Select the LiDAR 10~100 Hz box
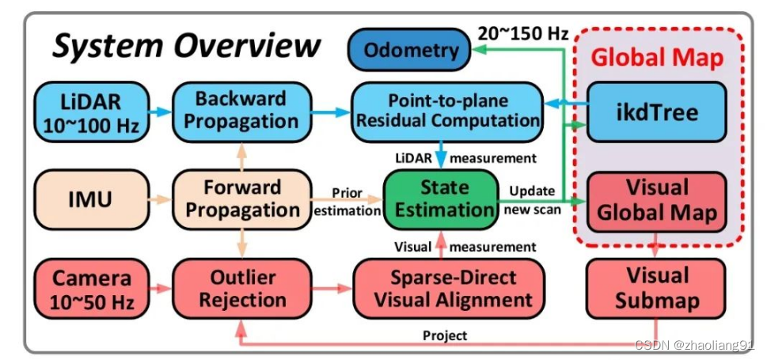point(92,112)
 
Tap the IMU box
point(92,199)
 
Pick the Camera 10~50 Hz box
point(92,289)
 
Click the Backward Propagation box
point(240,111)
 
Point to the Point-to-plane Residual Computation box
point(447,111)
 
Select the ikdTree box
point(658,112)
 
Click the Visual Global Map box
point(658,201)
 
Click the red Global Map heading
point(658,58)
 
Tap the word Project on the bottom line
point(445,335)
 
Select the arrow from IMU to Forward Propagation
point(161,199)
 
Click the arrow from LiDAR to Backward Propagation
point(161,112)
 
